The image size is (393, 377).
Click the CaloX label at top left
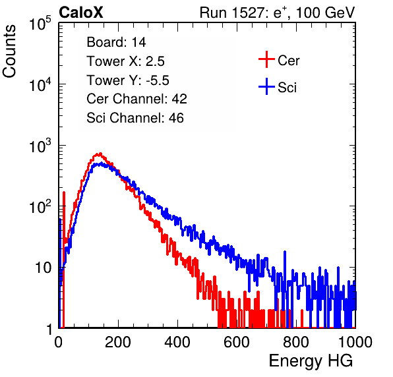click(x=81, y=13)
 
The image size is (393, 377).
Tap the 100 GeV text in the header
click(x=325, y=13)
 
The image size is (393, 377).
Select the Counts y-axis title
click(x=9, y=51)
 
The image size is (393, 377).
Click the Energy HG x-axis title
click(x=311, y=361)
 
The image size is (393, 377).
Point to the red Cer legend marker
click(x=266, y=59)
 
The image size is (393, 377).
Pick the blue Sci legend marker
click(x=266, y=87)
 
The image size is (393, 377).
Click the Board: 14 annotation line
click(x=116, y=42)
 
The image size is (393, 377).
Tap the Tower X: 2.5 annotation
click(x=125, y=61)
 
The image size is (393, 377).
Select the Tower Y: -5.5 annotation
click(x=128, y=80)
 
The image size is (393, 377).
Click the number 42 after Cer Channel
click(x=179, y=99)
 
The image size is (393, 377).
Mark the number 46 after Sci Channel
click(x=176, y=118)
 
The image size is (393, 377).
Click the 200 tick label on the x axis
click(x=118, y=342)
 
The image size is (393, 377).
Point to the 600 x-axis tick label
click(x=237, y=342)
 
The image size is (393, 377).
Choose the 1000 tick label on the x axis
click(x=355, y=342)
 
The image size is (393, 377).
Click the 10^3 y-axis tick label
click(x=40, y=146)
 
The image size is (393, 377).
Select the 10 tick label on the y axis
click(x=44, y=268)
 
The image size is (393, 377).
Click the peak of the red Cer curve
click(x=100, y=154)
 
